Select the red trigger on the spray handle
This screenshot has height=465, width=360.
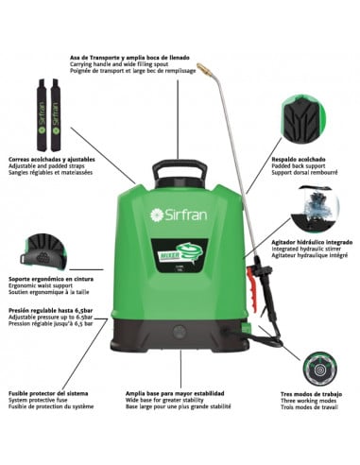pyautogui.click(x=252, y=280)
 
